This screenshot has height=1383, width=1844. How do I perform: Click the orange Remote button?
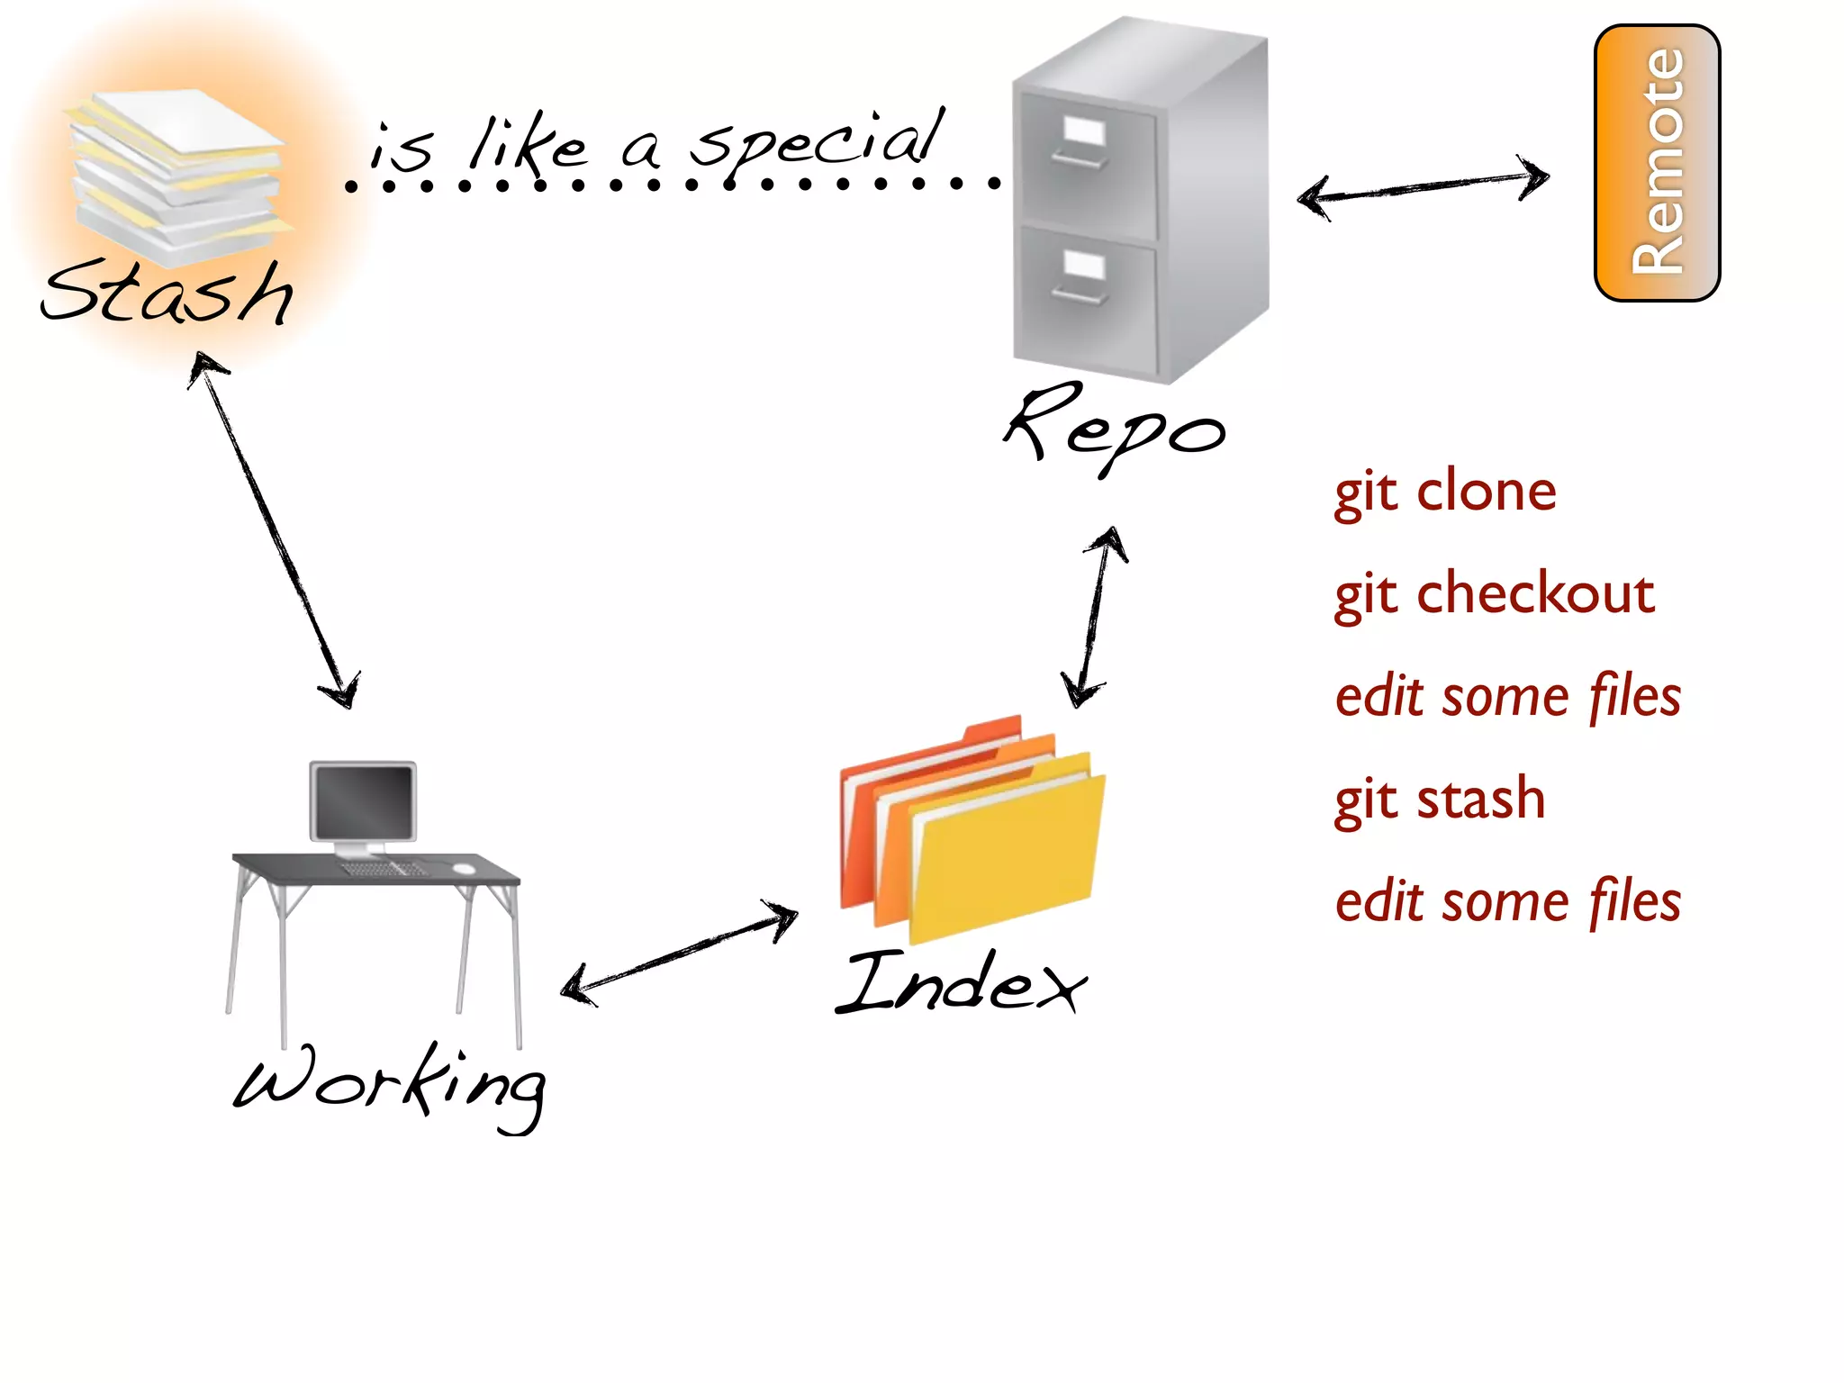click(x=1657, y=162)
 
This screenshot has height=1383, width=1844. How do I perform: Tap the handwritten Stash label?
click(x=167, y=293)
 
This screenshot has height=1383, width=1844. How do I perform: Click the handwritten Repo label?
click(x=1115, y=428)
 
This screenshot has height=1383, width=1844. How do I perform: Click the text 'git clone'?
click(x=1445, y=493)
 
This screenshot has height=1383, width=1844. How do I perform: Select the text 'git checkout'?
click(x=1495, y=595)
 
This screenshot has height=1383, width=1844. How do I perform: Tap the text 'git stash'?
click(x=1440, y=800)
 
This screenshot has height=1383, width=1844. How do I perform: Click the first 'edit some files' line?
click(x=1508, y=697)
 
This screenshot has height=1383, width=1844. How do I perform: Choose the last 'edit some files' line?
click(x=1508, y=902)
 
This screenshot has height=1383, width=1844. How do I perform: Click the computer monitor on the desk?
click(x=363, y=801)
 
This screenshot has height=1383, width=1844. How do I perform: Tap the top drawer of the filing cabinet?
click(x=1085, y=162)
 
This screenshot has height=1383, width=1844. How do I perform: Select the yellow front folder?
click(x=1007, y=855)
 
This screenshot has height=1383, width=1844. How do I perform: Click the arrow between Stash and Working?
click(x=275, y=531)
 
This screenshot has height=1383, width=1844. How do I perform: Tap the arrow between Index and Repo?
click(x=1094, y=617)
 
